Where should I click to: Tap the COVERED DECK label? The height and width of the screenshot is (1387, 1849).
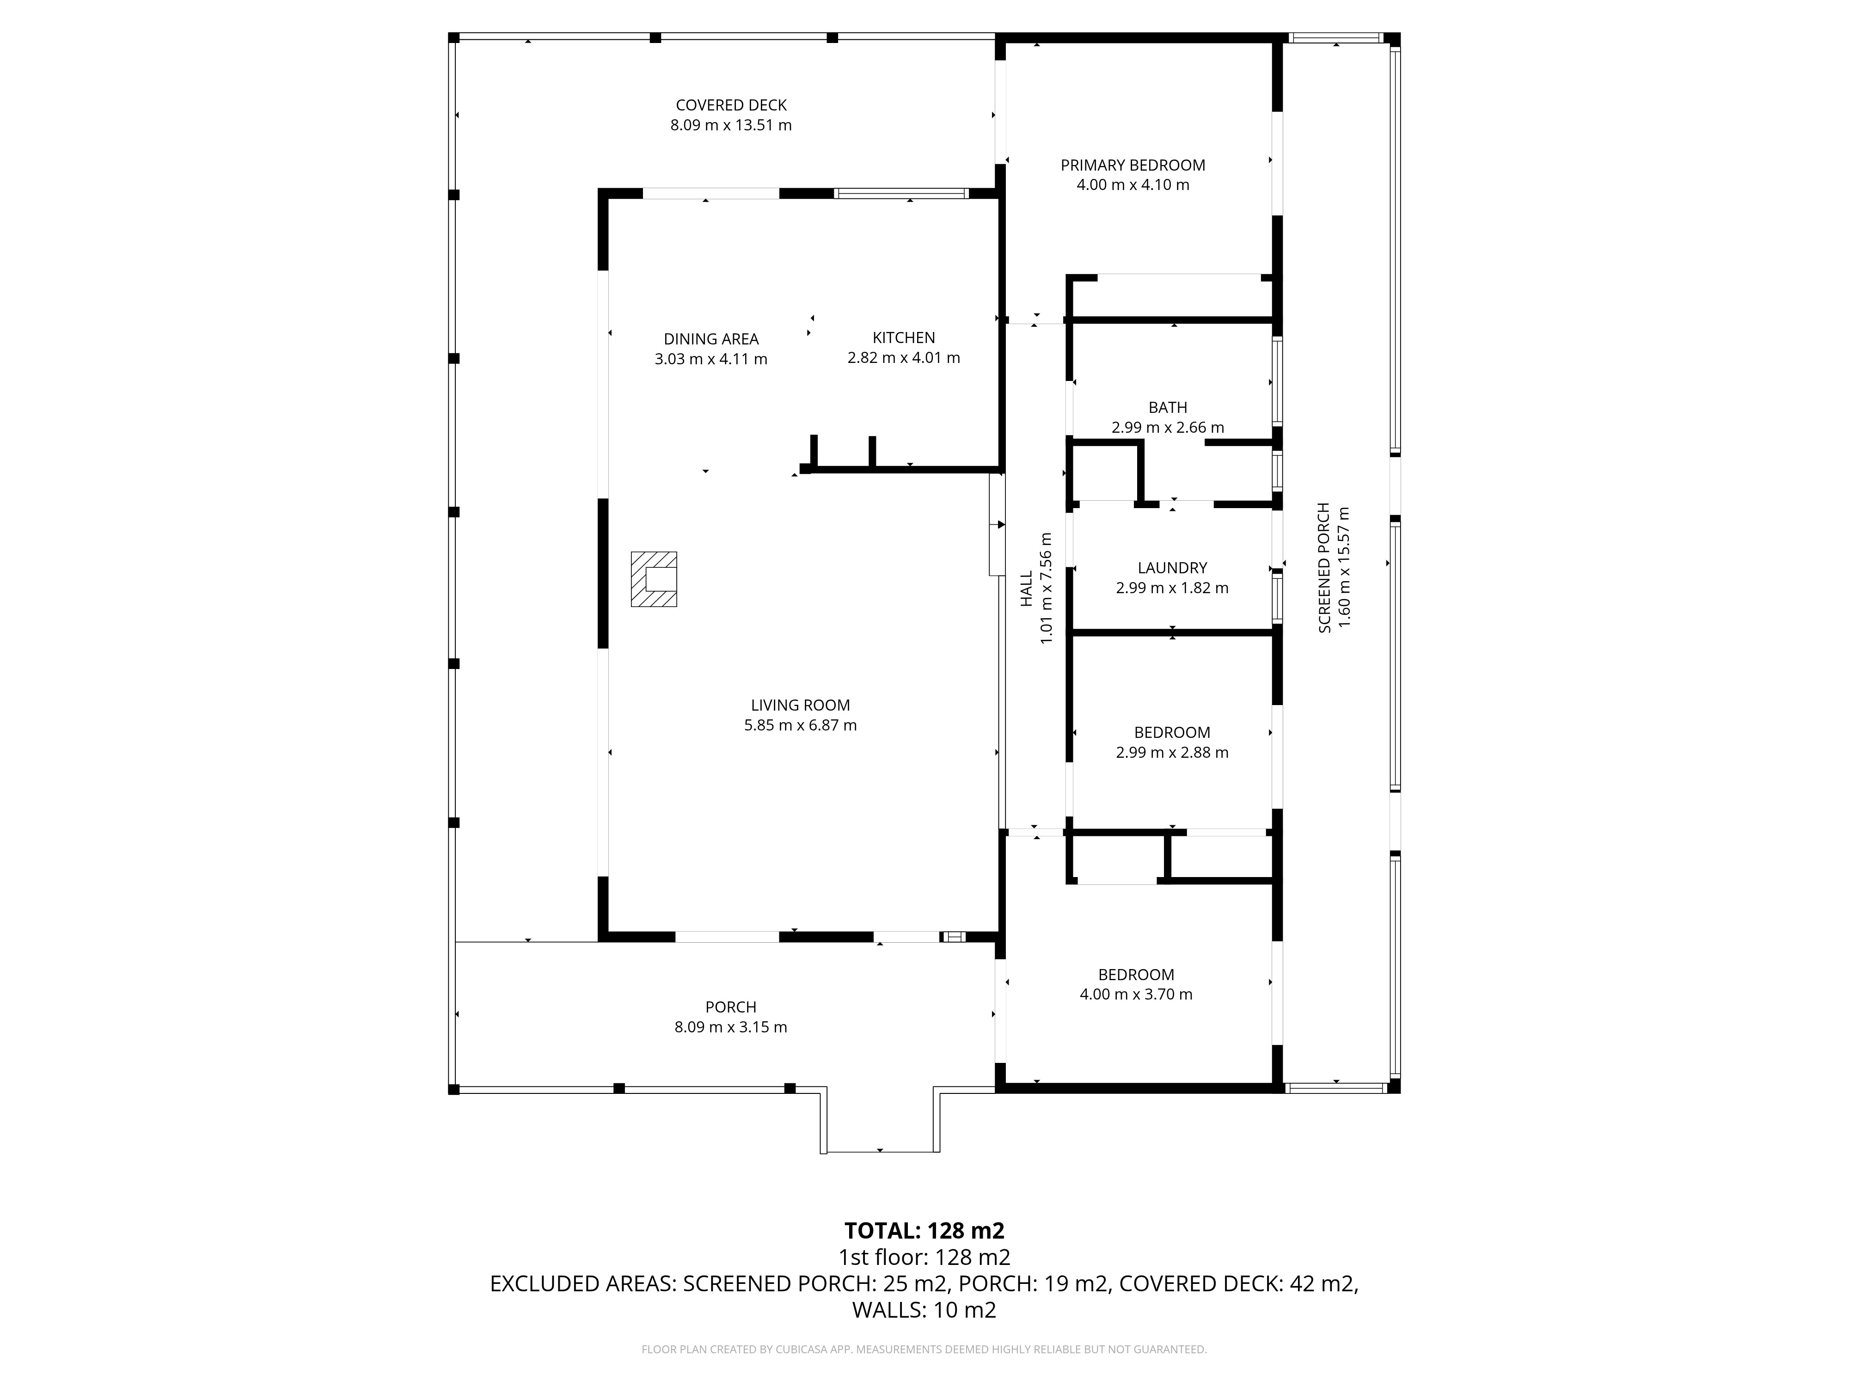[x=731, y=105]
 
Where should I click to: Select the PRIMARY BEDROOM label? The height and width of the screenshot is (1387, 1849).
[x=1133, y=166]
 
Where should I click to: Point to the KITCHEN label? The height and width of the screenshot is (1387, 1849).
[x=904, y=338]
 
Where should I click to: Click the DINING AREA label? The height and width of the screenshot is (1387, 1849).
[x=711, y=339]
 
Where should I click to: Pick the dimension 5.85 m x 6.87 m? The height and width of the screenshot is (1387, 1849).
[x=801, y=726]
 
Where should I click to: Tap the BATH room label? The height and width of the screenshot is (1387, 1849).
[x=1168, y=408]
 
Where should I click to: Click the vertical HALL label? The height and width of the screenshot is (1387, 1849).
[x=1027, y=589]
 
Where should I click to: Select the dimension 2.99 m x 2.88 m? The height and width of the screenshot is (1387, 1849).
[x=1172, y=752]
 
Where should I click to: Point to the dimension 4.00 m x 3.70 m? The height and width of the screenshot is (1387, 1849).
[x=1136, y=995]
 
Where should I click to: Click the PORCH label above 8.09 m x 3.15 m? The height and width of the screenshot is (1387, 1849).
[x=730, y=1007]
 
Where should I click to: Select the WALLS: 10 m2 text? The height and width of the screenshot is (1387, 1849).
[x=924, y=1310]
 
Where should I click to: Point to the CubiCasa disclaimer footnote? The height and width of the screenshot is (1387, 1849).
[x=924, y=1350]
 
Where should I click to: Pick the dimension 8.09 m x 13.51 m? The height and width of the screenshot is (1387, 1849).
[x=731, y=125]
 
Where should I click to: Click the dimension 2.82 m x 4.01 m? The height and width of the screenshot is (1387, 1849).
[x=904, y=358]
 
